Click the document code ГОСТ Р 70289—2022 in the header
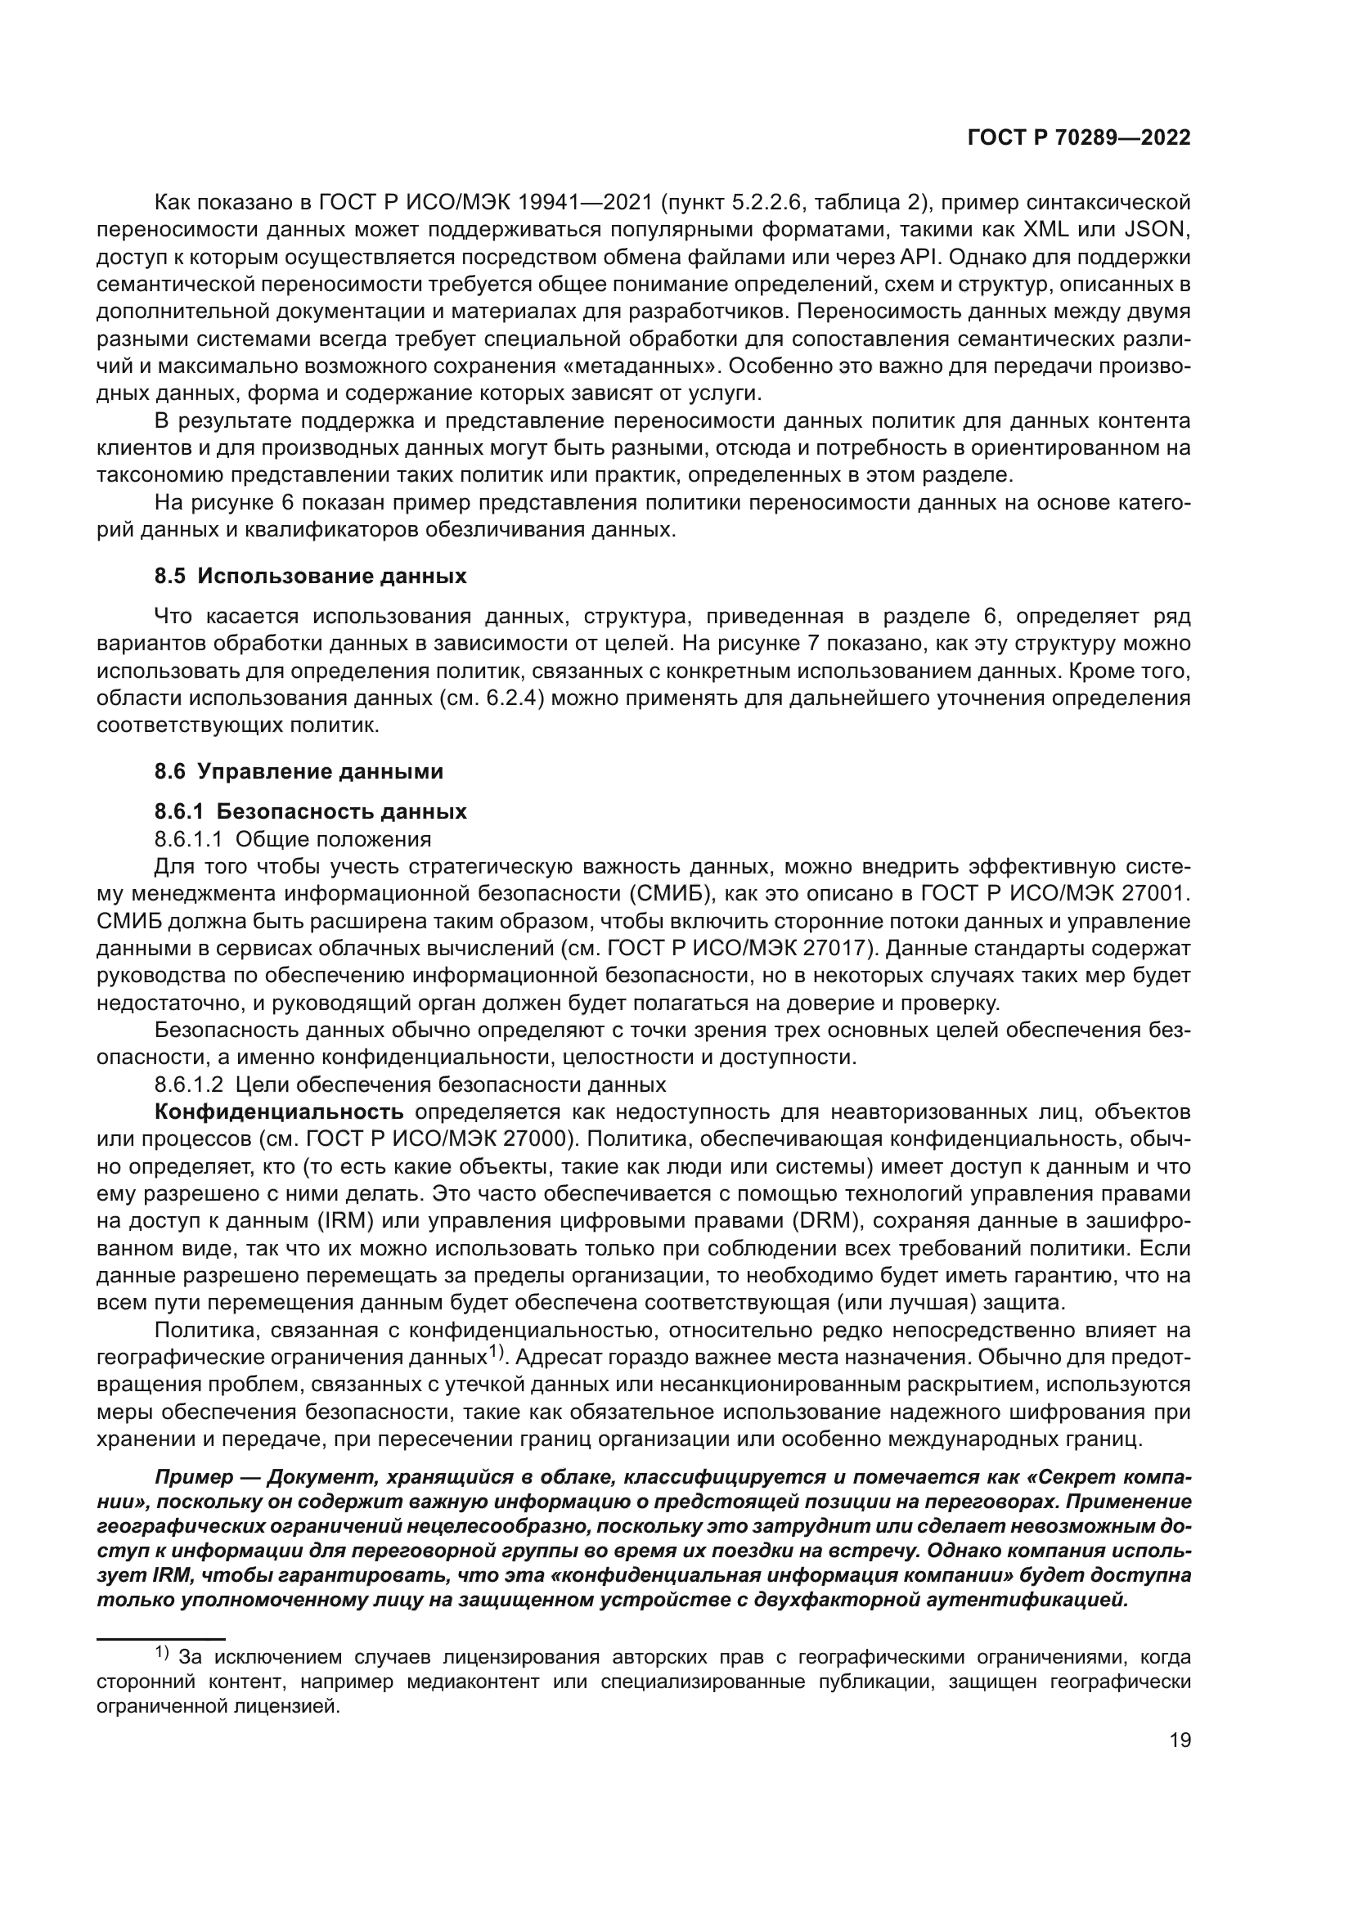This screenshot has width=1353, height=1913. coord(1079,138)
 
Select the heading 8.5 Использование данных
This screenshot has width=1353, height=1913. coord(310,576)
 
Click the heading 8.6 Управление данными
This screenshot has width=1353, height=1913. coord(299,770)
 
